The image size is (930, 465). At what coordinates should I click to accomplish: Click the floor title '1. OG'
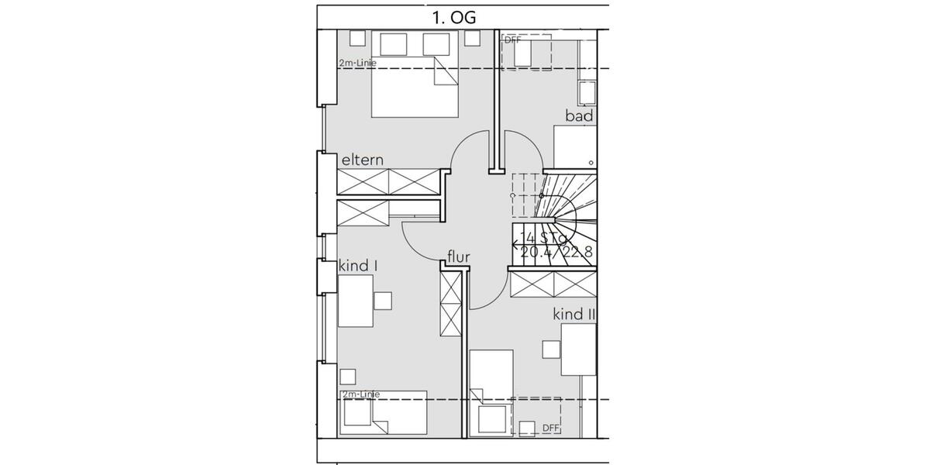pos(454,17)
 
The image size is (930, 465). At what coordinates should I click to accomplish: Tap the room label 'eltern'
pos(363,160)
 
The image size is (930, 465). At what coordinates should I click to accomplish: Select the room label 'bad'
pos(579,116)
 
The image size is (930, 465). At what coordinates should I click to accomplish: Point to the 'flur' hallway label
pos(459,257)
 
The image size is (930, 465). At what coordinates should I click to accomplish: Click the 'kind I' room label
pos(358,266)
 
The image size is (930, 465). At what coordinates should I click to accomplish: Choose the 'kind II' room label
pos(573,314)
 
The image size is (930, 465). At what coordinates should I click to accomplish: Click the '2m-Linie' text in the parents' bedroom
pos(357,63)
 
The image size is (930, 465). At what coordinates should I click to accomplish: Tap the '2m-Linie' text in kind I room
pos(359,394)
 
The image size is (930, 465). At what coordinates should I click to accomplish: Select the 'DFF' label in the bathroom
pos(513,38)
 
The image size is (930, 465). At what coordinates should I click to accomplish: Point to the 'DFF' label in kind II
pos(550,427)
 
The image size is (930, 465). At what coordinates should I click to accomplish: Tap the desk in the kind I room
pos(356,301)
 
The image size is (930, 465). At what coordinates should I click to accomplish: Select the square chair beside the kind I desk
pos(383,301)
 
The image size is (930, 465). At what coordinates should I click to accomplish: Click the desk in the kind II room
pos(578,349)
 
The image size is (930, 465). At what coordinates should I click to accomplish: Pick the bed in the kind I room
pos(383,412)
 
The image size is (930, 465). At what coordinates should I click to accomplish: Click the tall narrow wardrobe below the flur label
pos(450,303)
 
